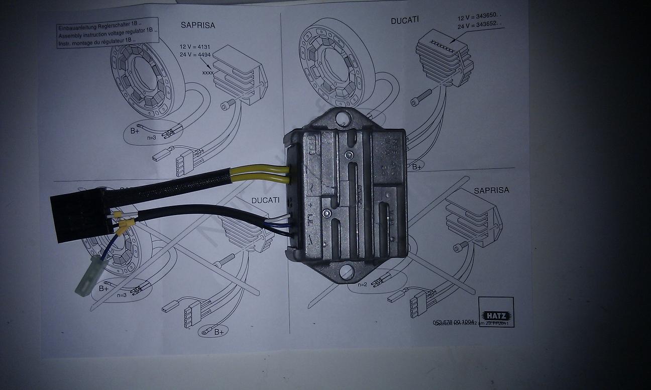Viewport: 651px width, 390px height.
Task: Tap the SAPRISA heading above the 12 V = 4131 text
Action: [198, 25]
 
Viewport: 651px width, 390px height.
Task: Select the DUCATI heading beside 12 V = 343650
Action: [405, 21]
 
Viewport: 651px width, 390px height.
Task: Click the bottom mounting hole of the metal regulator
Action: [346, 271]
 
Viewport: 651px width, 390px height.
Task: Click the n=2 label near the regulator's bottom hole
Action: [363, 284]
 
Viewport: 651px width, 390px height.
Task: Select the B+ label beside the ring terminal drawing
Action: [219, 332]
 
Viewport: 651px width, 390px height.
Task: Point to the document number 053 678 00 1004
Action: [454, 322]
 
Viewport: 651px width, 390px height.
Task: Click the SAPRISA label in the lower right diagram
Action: [491, 190]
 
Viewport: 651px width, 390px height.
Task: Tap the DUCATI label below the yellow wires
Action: [266, 200]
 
